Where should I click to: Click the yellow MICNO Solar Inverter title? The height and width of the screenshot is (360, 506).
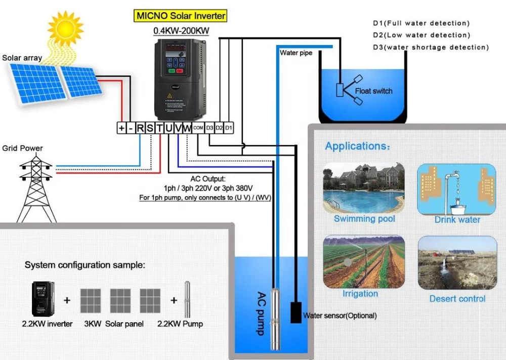coord(181,16)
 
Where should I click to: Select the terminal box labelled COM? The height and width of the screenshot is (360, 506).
coord(198,128)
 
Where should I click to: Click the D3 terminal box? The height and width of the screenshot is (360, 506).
coord(210,128)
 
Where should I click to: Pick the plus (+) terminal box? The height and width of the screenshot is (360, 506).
coord(121,128)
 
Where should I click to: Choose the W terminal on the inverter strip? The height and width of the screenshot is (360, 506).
coord(187,128)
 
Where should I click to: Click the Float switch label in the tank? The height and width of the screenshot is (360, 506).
coord(373,91)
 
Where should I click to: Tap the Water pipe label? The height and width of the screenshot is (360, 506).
coord(296,53)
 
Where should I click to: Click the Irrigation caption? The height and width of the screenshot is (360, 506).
coord(360,294)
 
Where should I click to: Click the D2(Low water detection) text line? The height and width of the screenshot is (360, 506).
coord(421,35)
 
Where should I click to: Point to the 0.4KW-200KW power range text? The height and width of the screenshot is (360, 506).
coord(181,31)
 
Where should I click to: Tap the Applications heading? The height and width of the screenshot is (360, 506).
coord(357,146)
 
